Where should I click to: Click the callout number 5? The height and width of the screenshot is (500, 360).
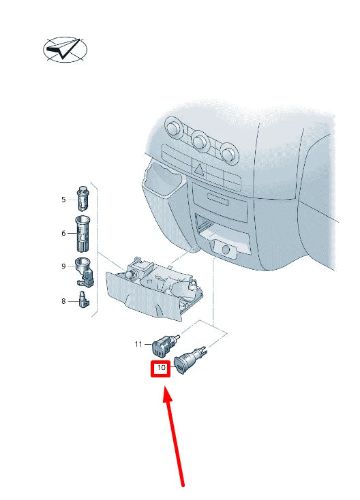click(63, 200)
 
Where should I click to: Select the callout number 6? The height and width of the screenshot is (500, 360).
click(63, 233)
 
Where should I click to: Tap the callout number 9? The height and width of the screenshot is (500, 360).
click(63, 266)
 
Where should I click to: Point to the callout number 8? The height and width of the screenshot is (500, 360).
click(63, 300)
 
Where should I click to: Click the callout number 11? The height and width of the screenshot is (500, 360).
click(139, 345)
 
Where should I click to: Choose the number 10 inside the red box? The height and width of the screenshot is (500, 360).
click(161, 369)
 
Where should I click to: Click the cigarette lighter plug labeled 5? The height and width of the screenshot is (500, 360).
click(83, 198)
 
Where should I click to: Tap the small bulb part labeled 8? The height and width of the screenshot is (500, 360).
click(83, 300)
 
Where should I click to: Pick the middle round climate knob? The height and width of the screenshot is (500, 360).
click(200, 141)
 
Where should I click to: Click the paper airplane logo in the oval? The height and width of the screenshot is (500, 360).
click(65, 50)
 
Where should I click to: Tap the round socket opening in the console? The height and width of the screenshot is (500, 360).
click(225, 249)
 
